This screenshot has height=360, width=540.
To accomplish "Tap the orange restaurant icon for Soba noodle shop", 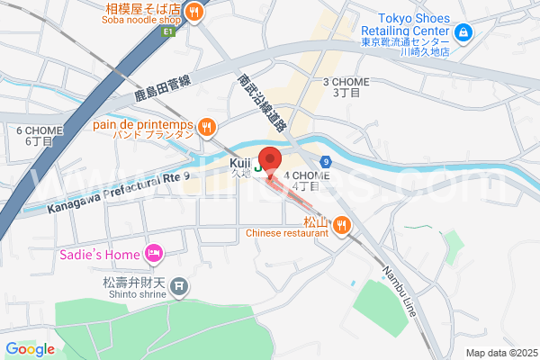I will (x=194, y=11).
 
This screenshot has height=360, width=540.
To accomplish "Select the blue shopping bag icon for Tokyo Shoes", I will (x=463, y=34).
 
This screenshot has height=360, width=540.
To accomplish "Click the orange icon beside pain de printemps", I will (x=207, y=127).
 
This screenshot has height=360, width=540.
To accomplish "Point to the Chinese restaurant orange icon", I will (x=341, y=225).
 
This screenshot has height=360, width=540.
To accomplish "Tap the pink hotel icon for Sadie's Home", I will (x=154, y=255).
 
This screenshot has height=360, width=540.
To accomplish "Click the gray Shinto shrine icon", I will (x=179, y=287).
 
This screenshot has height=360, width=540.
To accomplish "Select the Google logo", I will (x=30, y=349).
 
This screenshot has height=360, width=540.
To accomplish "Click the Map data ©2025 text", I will (x=500, y=352).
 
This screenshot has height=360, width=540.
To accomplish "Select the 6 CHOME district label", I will (x=39, y=135).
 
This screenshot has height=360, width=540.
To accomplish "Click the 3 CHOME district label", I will (x=346, y=86).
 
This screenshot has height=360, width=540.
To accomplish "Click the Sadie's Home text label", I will (x=100, y=255).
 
